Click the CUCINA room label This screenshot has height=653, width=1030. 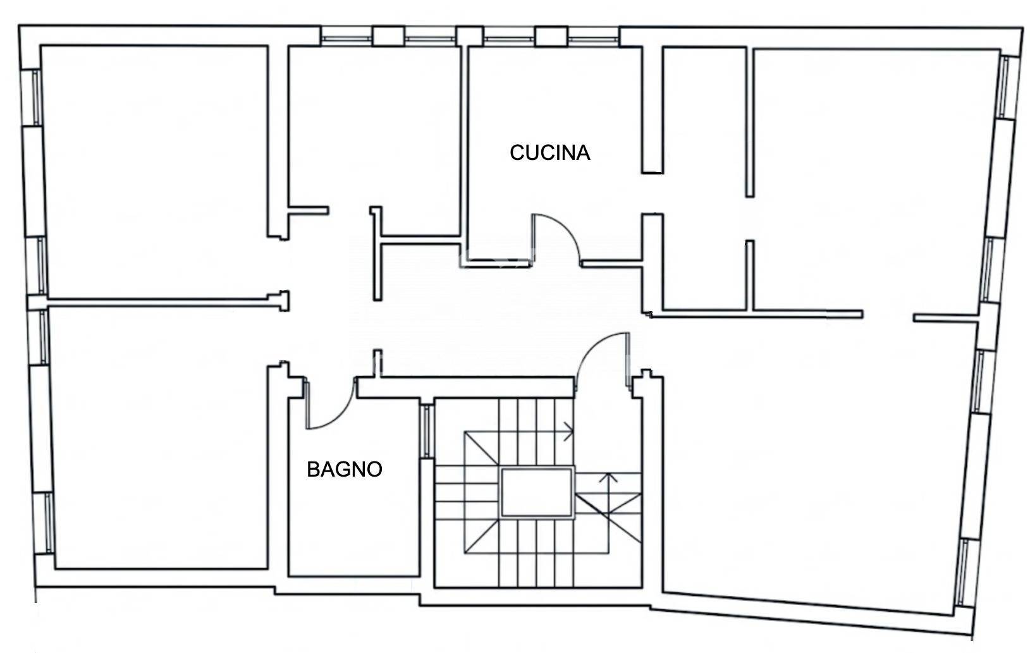point(550,153)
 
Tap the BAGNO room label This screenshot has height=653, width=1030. point(345,470)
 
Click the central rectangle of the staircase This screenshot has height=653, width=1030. point(537,493)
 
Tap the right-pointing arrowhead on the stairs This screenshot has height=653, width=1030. point(569,432)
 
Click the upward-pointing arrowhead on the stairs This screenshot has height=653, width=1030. point(608,479)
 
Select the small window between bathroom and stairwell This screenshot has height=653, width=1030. point(426,431)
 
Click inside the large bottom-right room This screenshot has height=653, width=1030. point(818,460)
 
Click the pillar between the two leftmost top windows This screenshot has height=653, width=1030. point(389,36)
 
